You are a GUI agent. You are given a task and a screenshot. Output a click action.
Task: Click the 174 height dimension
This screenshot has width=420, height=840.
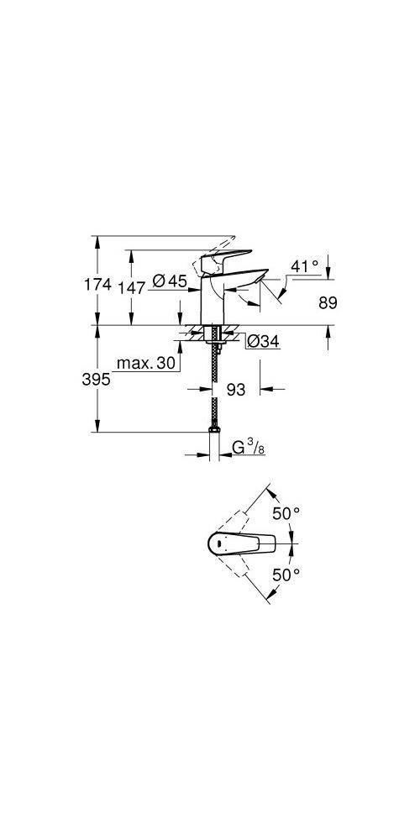[x=98, y=285]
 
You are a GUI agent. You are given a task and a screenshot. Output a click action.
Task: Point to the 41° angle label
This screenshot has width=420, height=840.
[x=304, y=266]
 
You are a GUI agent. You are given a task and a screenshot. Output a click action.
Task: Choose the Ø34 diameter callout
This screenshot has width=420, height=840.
[x=262, y=341]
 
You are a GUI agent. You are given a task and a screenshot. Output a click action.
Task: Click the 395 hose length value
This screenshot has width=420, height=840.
[x=98, y=380]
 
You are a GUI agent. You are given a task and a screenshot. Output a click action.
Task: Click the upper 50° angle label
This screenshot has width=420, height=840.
[x=285, y=512]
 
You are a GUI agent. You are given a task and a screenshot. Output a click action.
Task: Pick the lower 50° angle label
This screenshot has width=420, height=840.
[x=285, y=575]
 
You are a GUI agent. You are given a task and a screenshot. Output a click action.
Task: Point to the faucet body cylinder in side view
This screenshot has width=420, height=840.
[x=213, y=302]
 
